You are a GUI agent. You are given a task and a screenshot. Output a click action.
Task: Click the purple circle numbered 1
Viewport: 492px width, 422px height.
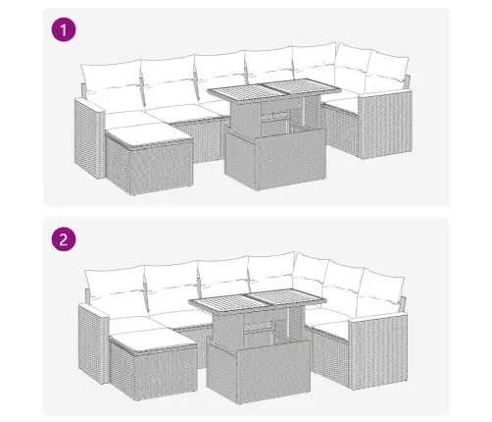click(x=64, y=29)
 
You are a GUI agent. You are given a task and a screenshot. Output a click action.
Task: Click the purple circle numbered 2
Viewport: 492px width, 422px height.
click(x=64, y=239)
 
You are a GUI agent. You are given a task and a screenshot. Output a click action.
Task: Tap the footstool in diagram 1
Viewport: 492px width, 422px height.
click(x=149, y=159)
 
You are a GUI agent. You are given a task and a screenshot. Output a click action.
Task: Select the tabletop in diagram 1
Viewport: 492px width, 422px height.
click(x=274, y=90)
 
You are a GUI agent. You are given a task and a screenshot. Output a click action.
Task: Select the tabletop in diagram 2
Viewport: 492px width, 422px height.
click(x=258, y=300)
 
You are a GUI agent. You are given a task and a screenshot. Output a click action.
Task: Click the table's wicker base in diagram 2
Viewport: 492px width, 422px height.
click(x=258, y=371)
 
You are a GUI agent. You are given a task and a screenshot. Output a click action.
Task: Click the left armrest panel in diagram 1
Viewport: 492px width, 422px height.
click(x=89, y=138)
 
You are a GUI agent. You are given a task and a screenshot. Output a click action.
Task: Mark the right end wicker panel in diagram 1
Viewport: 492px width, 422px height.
click(x=385, y=124)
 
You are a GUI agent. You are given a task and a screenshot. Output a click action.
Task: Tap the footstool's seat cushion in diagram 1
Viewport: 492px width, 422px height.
click(x=148, y=134)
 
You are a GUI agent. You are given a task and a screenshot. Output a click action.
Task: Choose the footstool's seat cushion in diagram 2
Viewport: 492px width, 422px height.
click(x=152, y=342)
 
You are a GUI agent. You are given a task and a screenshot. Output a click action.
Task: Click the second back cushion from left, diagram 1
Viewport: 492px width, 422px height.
click(x=170, y=80)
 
